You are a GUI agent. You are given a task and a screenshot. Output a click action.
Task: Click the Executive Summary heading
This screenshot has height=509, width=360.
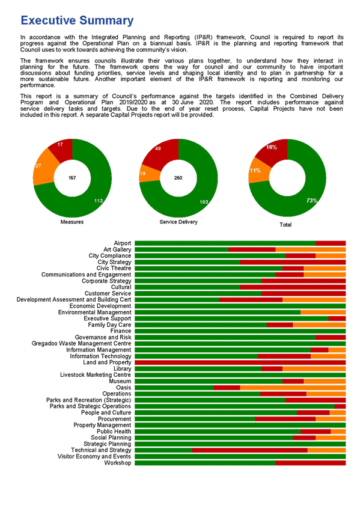pyautogui.click(x=77, y=20)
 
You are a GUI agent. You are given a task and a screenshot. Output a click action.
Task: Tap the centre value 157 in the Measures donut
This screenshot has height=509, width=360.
pyautogui.click(x=72, y=178)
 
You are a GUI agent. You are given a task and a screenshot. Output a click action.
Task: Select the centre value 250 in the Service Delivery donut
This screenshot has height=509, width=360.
pyautogui.click(x=178, y=178)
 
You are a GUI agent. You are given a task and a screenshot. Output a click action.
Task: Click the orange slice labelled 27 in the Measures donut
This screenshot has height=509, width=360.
pyautogui.click(x=43, y=167)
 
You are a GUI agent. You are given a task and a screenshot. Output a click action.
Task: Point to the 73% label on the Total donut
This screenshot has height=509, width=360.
pyautogui.click(x=312, y=201)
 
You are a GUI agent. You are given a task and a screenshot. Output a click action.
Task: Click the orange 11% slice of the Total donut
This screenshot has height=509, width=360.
pyautogui.click(x=258, y=171)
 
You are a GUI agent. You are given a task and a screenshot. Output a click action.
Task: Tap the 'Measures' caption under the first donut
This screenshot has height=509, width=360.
pyautogui.click(x=72, y=222)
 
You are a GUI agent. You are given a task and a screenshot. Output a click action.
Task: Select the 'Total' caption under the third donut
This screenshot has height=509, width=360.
pyautogui.click(x=285, y=225)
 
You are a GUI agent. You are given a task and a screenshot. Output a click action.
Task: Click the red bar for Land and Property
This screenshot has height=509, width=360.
pyautogui.click(x=240, y=362)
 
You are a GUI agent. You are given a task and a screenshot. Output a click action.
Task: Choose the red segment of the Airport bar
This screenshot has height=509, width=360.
pyautogui.click(x=331, y=243)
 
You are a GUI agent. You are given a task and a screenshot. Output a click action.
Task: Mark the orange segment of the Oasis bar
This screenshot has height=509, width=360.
pyautogui.click(x=293, y=388)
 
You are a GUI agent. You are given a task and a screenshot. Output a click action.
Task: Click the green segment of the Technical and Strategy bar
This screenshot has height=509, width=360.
pyautogui.click(x=163, y=450)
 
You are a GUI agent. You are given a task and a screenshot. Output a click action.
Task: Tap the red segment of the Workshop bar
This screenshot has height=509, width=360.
pyautogui.click(x=311, y=463)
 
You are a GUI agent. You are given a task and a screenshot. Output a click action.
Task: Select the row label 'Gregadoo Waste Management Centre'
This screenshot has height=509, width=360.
pyautogui.click(x=82, y=344)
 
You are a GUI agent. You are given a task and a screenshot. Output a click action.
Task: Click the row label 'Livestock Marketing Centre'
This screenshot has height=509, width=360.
pyautogui.click(x=96, y=375)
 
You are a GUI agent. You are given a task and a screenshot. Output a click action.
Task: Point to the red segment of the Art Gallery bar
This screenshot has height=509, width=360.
pyautogui.click(x=252, y=249)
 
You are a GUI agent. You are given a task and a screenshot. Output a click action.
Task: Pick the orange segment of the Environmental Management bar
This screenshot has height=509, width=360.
pyautogui.click(x=323, y=312)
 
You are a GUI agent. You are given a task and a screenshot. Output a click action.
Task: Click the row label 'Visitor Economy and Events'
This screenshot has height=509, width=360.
pyautogui.click(x=94, y=457)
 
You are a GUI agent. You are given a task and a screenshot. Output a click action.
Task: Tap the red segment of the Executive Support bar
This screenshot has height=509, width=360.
pyautogui.click(x=337, y=319)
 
